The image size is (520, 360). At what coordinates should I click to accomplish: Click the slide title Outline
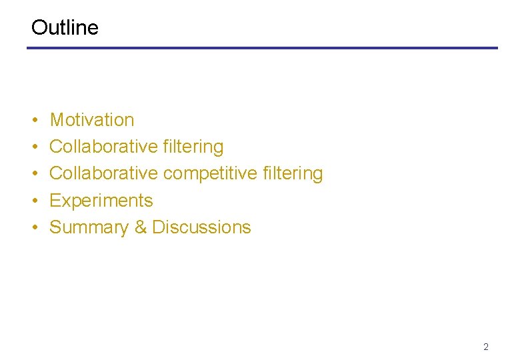(65, 27)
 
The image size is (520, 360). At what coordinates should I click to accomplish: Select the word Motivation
(92, 120)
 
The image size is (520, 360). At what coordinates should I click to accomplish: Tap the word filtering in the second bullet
(193, 147)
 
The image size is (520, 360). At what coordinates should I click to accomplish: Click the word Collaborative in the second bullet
(103, 147)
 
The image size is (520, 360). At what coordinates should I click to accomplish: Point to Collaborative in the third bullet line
(103, 173)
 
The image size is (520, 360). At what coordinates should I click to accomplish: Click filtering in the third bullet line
(293, 173)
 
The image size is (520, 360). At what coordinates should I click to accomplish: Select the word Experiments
(101, 201)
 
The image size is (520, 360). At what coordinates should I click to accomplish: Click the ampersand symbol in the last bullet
(141, 227)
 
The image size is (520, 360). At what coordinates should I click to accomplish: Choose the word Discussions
(201, 227)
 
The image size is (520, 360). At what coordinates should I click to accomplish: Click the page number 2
(486, 347)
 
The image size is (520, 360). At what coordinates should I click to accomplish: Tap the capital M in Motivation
(57, 120)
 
